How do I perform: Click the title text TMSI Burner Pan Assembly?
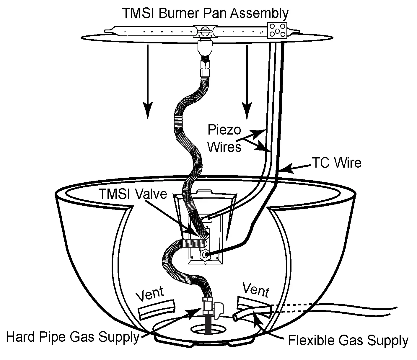pyautogui.click(x=205, y=13)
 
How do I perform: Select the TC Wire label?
pyautogui.click(x=337, y=163)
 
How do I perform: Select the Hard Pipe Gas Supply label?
pyautogui.click(x=72, y=337)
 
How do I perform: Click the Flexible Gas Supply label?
pyautogui.click(x=348, y=340)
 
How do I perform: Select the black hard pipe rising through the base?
pyautogui.click(x=208, y=325)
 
